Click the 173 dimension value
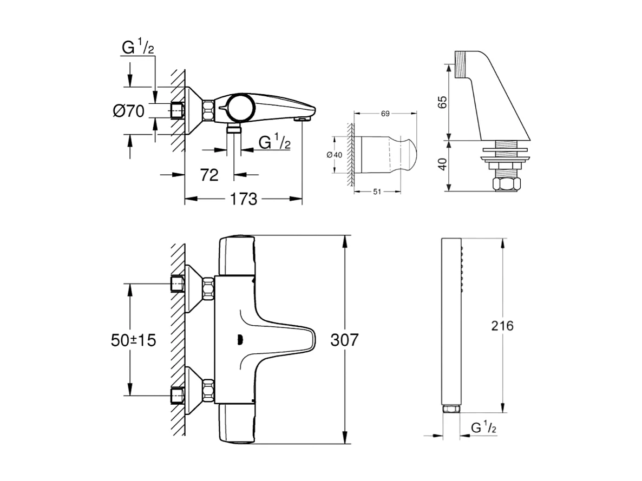(x=244, y=199)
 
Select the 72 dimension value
(x=209, y=175)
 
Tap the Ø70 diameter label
(x=128, y=111)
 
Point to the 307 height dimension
(x=344, y=340)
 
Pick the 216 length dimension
(x=502, y=326)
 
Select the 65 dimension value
(x=443, y=102)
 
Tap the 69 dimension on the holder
(x=385, y=114)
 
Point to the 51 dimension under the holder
(x=377, y=191)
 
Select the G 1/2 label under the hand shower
(x=483, y=427)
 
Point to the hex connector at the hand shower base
(x=450, y=410)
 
